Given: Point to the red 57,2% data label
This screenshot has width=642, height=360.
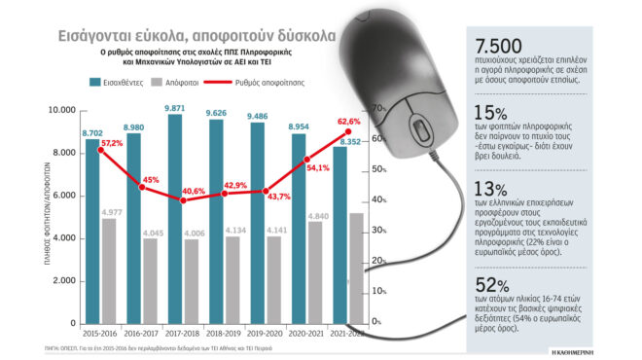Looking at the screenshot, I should click(x=112, y=143).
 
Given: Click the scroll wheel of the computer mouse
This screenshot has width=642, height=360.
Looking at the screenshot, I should click(x=419, y=132).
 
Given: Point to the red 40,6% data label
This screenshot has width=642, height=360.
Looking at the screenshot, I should click(x=193, y=193).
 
